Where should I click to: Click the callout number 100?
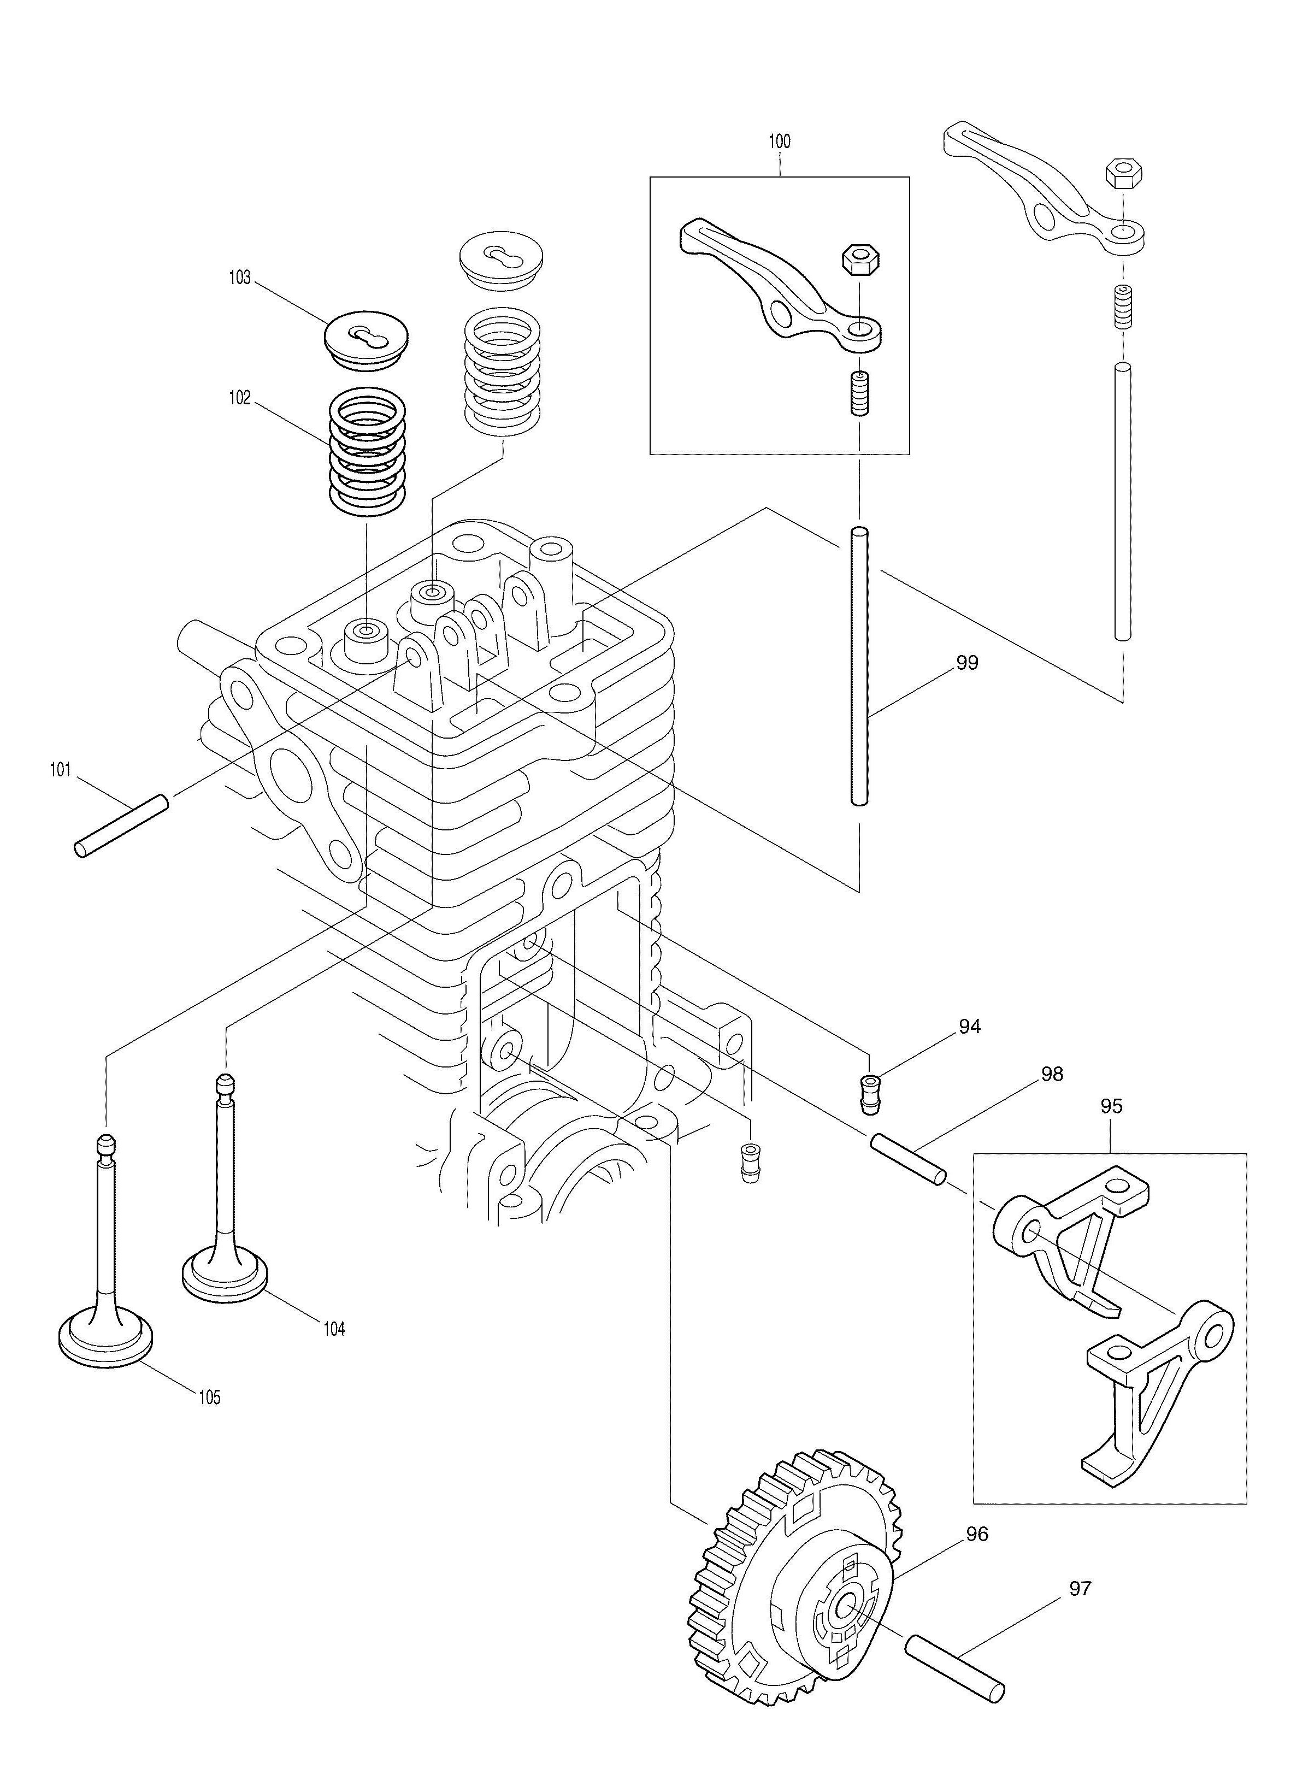pos(779,141)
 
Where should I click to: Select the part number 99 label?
pos(967,663)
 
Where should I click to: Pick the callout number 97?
pos(1080,1589)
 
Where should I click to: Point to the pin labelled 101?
pos(121,825)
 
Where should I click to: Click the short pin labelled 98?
pos(907,1159)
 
